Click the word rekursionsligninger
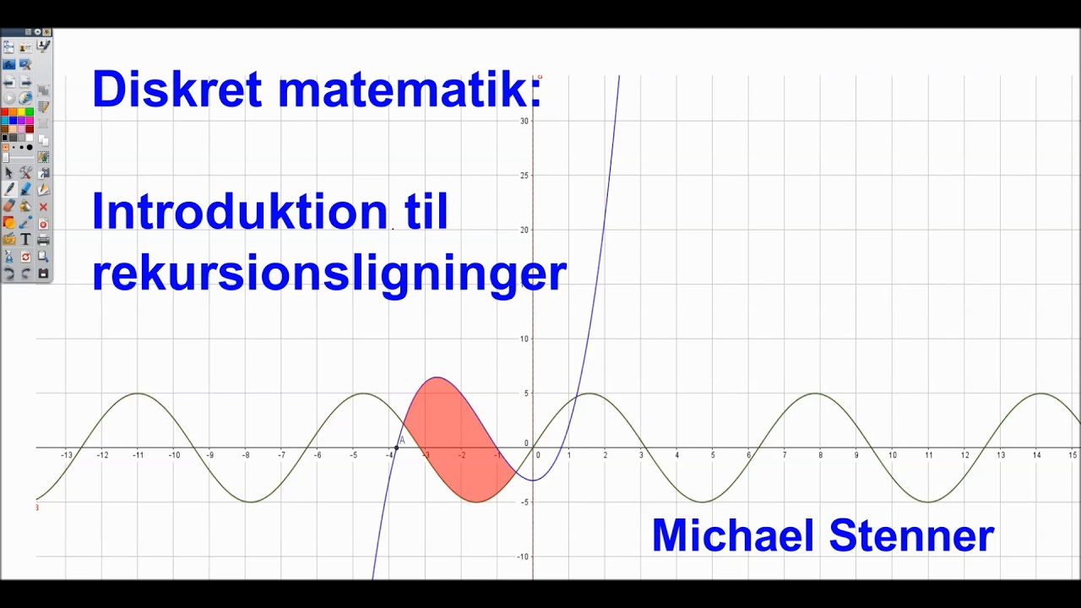click(329, 272)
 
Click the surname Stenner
click(911, 535)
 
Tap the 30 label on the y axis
click(524, 121)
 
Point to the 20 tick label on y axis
click(524, 230)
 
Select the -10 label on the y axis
click(524, 556)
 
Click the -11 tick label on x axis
click(138, 455)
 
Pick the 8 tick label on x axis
click(820, 455)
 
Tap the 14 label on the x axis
click(1036, 455)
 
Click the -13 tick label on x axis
click(67, 455)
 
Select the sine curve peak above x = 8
click(817, 394)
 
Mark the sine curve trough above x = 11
click(929, 502)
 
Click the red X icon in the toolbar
click(43, 206)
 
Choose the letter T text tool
click(26, 240)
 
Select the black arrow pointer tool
click(9, 172)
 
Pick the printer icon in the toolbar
click(43, 240)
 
